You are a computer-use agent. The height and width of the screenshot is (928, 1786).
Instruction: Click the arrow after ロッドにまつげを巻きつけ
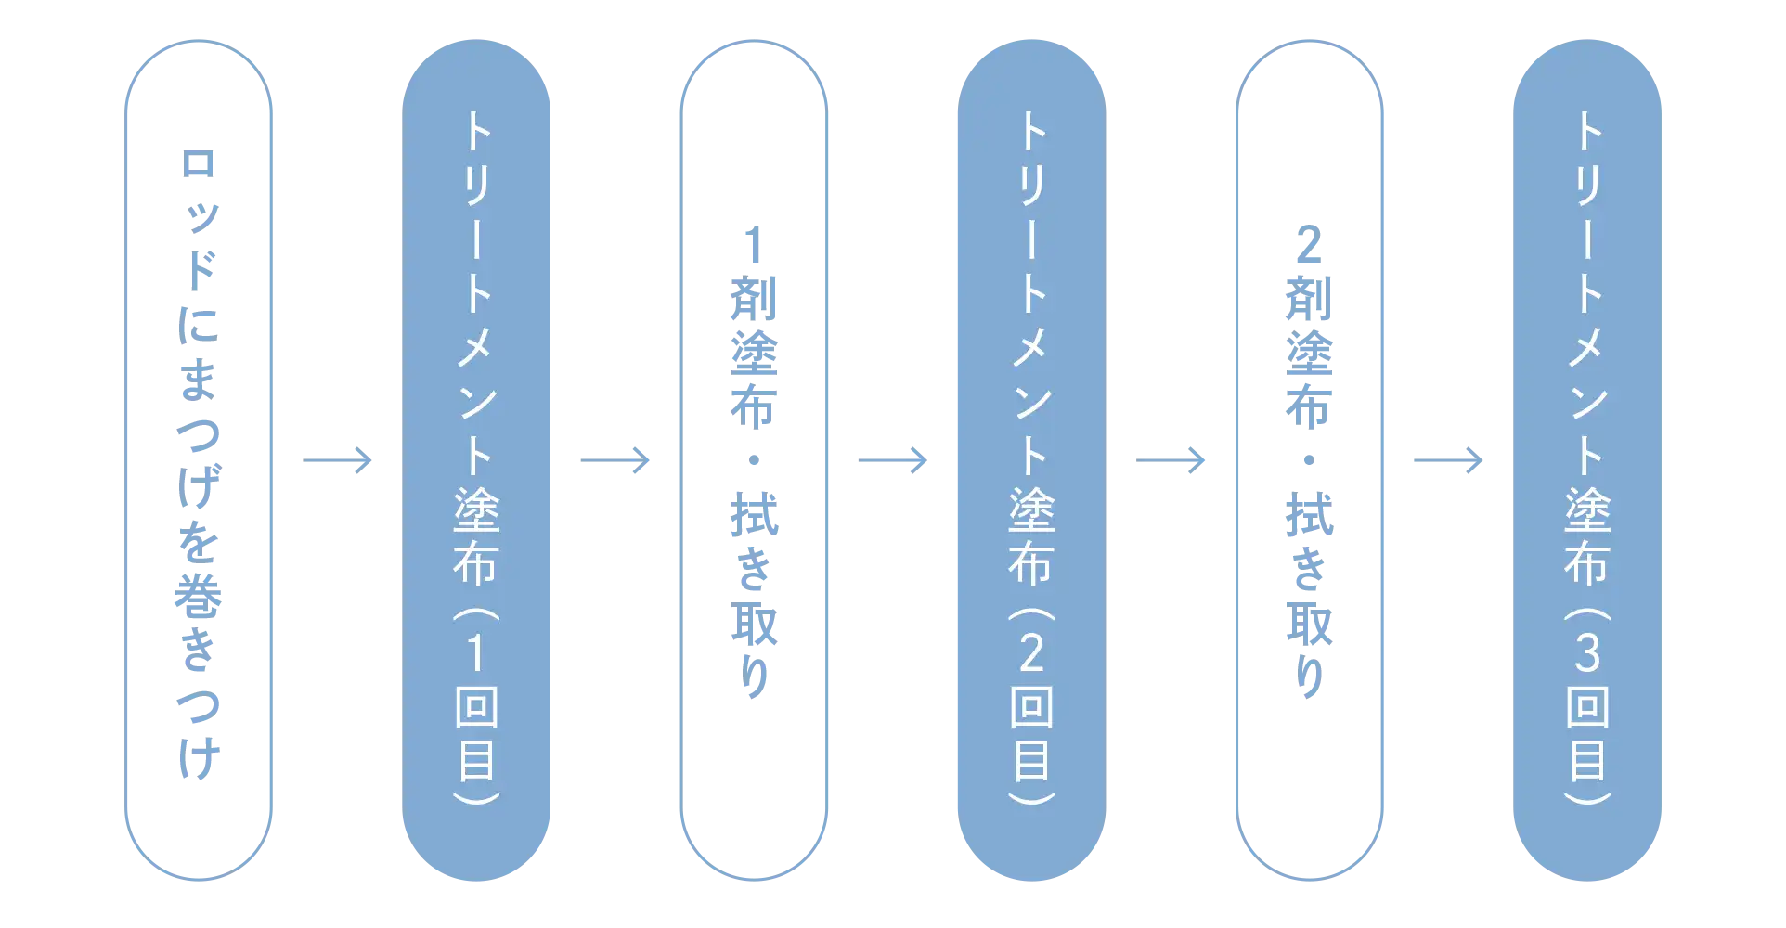click(x=337, y=460)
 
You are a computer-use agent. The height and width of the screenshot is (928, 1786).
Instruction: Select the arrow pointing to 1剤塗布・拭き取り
click(x=616, y=460)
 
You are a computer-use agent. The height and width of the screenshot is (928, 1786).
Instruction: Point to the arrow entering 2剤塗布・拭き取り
click(x=1172, y=460)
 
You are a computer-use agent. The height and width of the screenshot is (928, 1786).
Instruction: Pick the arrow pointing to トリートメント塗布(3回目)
click(x=1447, y=460)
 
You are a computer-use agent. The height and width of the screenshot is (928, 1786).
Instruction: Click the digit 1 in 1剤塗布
click(x=754, y=246)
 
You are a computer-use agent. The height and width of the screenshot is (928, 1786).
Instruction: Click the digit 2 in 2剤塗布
click(x=1308, y=246)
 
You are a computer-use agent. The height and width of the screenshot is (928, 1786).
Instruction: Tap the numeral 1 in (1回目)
click(x=476, y=653)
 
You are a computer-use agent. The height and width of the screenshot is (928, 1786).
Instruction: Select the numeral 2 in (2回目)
click(x=1031, y=653)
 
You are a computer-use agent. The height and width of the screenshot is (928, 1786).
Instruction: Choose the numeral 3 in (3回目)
click(x=1587, y=653)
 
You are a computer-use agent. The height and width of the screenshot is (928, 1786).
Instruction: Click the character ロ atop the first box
click(x=197, y=164)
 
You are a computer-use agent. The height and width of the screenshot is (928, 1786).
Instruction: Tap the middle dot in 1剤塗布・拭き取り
click(x=754, y=460)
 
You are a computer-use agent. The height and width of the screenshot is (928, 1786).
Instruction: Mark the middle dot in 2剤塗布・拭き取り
click(x=1308, y=460)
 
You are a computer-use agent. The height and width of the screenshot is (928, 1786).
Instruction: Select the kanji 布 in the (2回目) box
click(x=1031, y=562)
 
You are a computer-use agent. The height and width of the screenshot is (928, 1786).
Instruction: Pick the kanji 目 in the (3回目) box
click(x=1587, y=761)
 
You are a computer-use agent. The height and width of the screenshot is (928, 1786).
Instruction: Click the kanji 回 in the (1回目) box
click(x=476, y=707)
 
